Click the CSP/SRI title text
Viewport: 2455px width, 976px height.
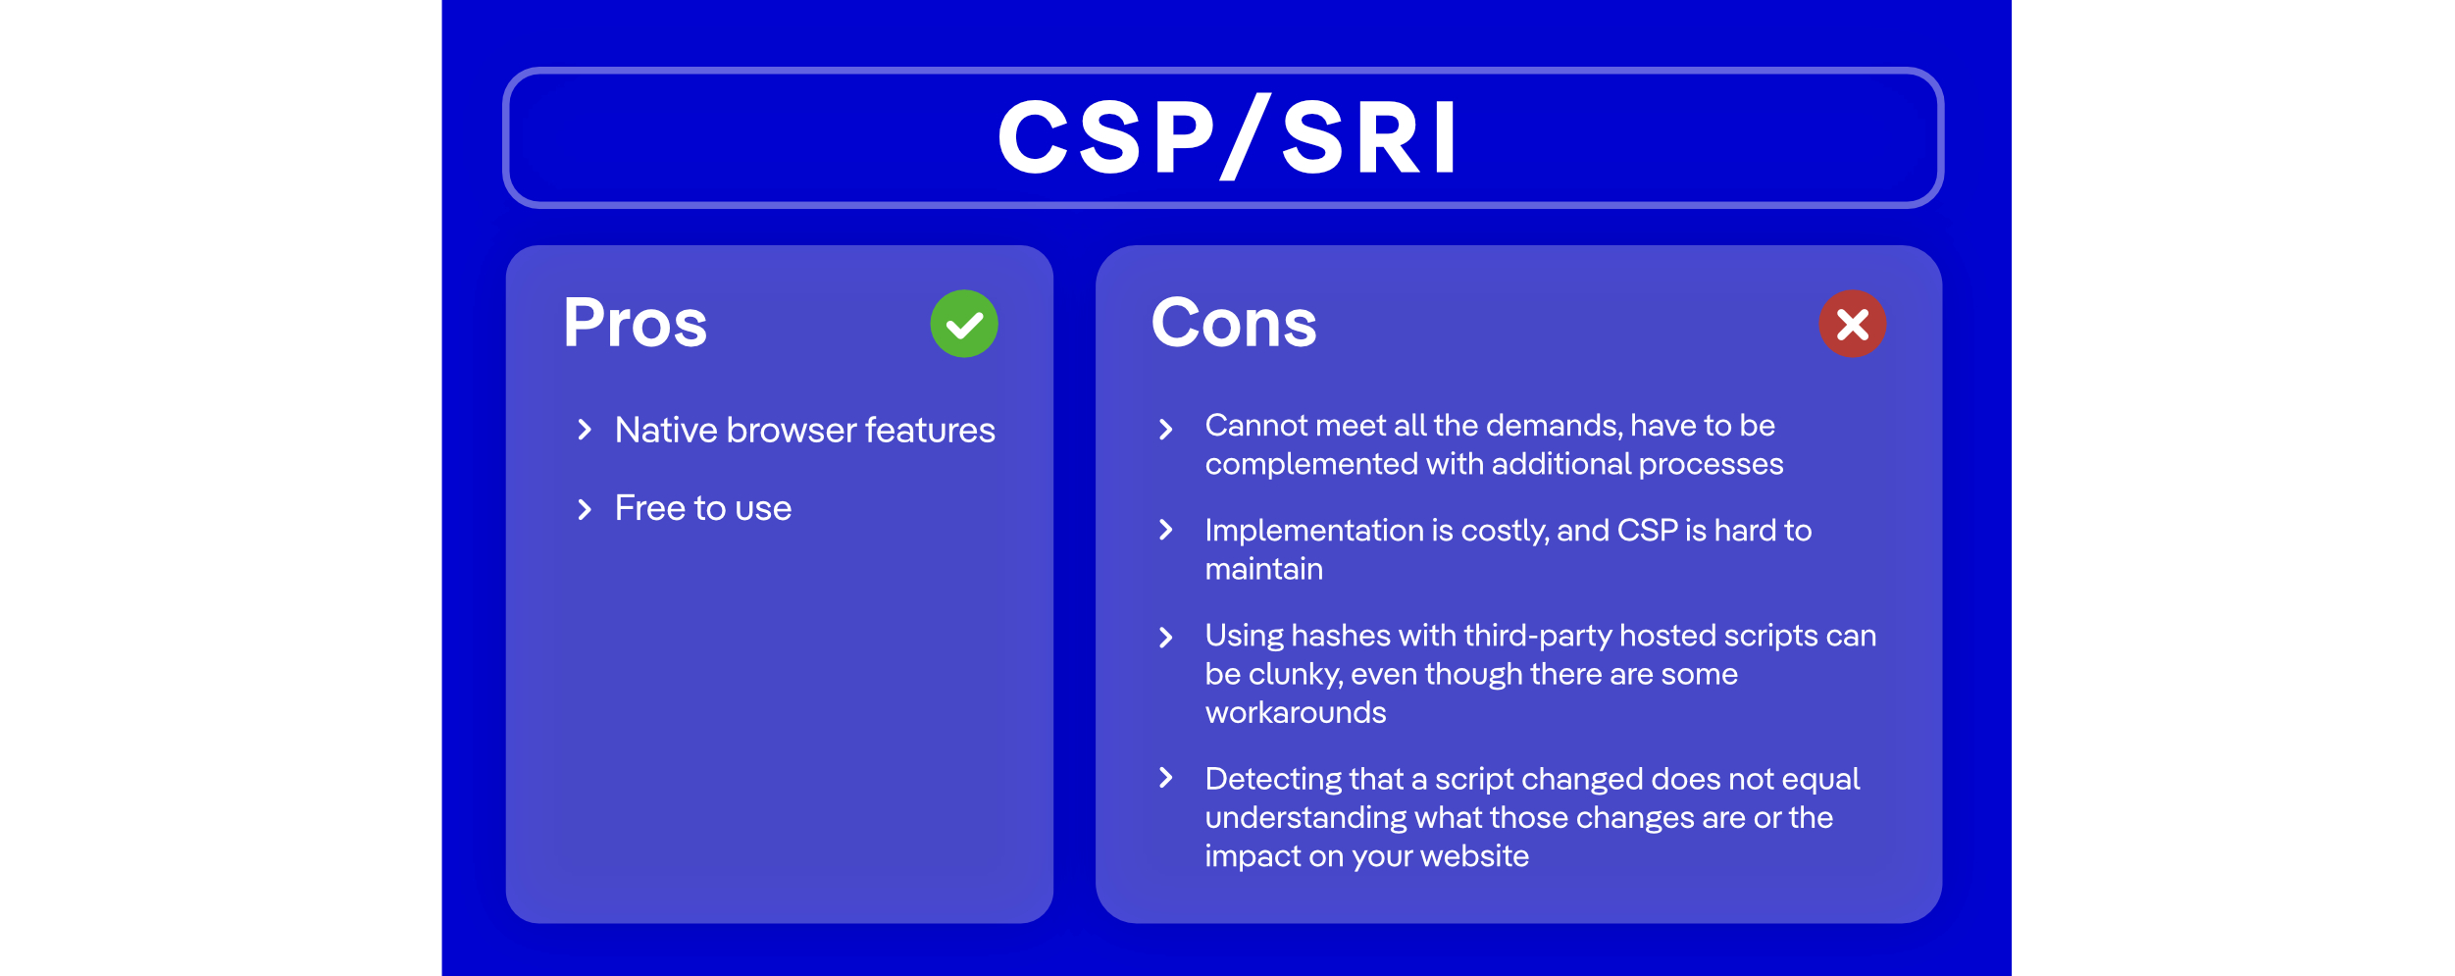[1226, 138]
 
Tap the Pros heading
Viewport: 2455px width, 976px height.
[635, 324]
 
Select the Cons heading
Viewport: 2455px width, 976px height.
[1233, 324]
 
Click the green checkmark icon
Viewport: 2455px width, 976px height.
[964, 324]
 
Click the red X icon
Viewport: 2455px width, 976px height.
[1852, 324]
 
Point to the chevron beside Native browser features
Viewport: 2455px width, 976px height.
[585, 430]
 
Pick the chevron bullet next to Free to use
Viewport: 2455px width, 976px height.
[585, 509]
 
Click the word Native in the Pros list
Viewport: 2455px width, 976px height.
[666, 431]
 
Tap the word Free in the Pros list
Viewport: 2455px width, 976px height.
[649, 509]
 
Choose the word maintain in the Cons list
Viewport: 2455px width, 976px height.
[1263, 570]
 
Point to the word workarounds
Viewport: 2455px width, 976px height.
[1295, 713]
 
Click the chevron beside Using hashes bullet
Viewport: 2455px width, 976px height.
[1165, 638]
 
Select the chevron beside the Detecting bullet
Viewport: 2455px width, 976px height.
[1165, 779]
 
